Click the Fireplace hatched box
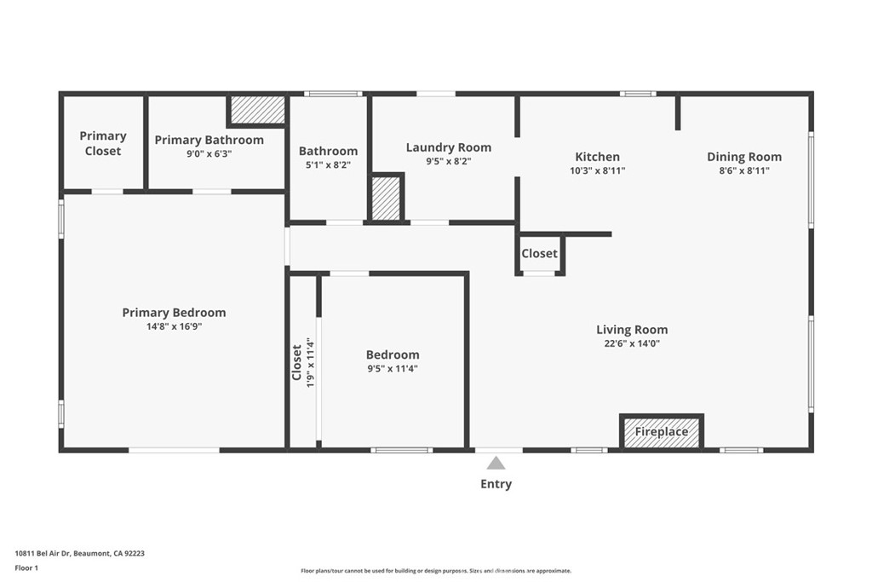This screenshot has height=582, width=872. tap(662, 432)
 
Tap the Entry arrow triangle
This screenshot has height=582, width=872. tap(496, 463)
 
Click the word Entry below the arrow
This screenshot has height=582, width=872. tap(496, 484)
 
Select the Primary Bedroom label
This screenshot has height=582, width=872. tap(174, 313)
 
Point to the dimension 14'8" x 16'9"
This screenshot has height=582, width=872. tap(174, 326)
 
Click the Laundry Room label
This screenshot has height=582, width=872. tap(448, 147)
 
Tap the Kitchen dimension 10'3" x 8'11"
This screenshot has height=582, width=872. tap(597, 170)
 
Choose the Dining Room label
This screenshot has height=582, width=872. tap(743, 157)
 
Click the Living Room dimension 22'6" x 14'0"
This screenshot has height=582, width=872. tap(631, 343)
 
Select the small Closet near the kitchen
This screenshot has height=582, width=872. tap(539, 254)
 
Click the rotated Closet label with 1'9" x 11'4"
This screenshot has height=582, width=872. tap(303, 362)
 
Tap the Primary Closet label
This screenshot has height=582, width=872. tap(102, 143)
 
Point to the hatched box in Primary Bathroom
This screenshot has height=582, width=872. tap(256, 109)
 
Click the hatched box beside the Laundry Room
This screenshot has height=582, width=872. tap(386, 198)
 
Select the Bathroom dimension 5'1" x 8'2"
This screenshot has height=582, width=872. tap(328, 164)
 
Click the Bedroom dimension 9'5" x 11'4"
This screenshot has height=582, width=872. tap(393, 369)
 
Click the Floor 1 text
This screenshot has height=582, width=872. tap(27, 567)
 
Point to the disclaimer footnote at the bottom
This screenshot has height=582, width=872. tap(435, 571)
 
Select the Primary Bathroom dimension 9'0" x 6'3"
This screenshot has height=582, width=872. tap(209, 153)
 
